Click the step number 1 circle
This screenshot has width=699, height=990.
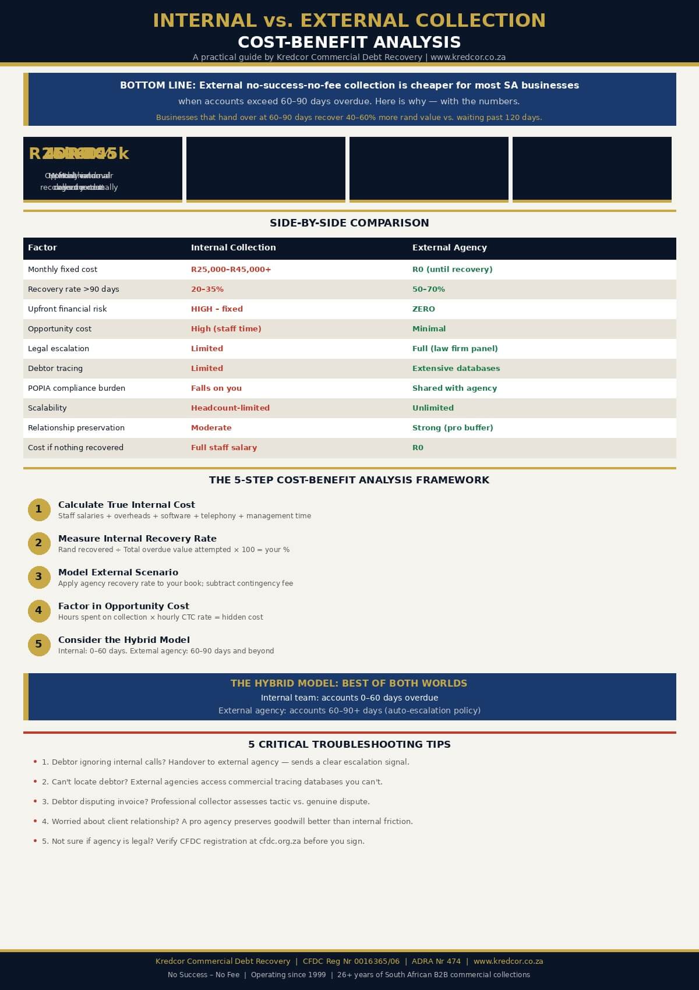pos(39,510)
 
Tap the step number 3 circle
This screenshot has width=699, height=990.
pos(39,577)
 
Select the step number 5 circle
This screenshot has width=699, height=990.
pos(39,645)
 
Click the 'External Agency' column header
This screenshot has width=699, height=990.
pos(449,248)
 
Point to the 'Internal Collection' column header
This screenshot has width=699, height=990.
pos(233,248)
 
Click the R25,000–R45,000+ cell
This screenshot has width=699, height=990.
pos(231,270)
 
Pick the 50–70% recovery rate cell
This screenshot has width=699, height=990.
pos(428,289)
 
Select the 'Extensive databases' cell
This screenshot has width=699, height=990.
pos(456,369)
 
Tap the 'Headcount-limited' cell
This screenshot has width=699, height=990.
pos(230,408)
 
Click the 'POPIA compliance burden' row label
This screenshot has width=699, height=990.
pos(76,388)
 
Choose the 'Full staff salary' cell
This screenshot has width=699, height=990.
pos(224,448)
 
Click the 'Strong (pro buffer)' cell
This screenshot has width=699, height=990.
pos(452,428)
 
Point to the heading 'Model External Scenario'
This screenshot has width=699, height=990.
pos(118,572)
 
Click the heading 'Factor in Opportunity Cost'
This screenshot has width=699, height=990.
pos(123,606)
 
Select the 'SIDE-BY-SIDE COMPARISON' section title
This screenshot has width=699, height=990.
pos(349,223)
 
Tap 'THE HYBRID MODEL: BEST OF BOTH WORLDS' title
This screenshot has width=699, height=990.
pos(349,684)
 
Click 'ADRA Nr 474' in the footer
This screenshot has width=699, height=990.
pos(436,961)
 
